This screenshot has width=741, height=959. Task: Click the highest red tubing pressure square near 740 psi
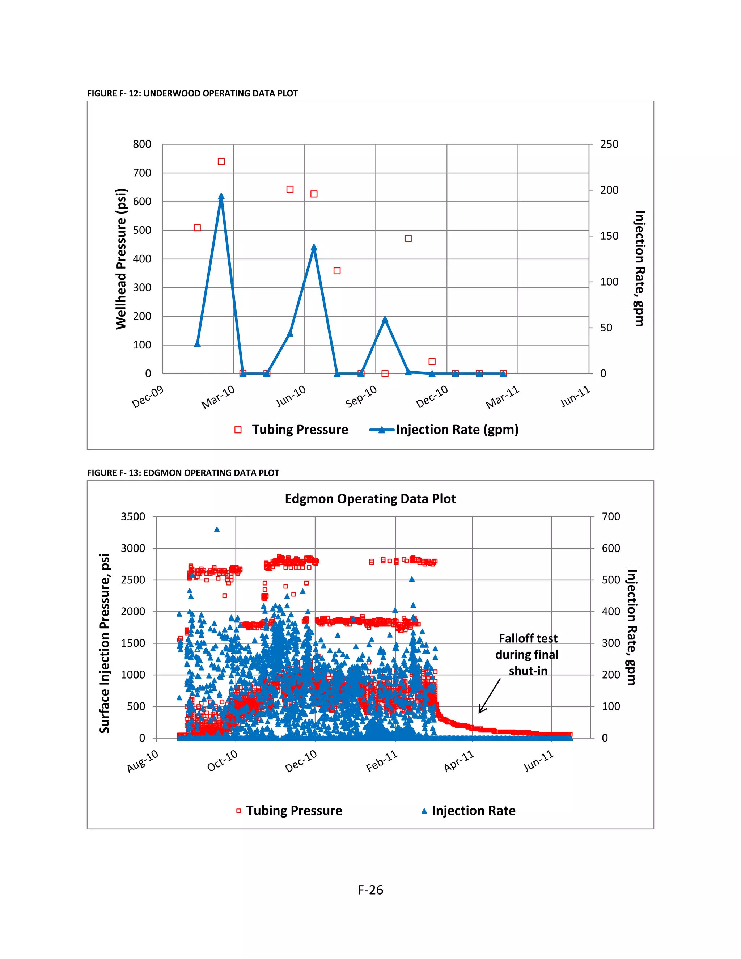[221, 162]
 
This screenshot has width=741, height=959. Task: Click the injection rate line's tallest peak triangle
[221, 196]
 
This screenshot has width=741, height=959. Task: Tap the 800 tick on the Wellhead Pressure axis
[142, 144]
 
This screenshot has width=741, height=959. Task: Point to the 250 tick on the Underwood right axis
[609, 144]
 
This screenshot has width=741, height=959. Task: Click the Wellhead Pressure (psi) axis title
[121, 259]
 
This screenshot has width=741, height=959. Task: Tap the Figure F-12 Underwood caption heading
[192, 93]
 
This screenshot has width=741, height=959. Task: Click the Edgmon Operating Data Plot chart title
[370, 499]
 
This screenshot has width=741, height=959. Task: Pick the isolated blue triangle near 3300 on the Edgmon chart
[217, 529]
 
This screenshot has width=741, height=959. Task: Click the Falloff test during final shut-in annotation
[527, 654]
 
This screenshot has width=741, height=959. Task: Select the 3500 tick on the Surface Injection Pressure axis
[133, 517]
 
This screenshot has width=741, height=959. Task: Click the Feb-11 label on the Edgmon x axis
[382, 761]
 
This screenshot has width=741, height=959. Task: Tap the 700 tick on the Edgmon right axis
[611, 517]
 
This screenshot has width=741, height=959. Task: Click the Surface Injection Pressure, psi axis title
[105, 644]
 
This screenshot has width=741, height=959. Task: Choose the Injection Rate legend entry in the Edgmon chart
[473, 811]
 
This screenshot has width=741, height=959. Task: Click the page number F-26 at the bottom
[370, 890]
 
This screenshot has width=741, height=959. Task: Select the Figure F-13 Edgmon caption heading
[183, 473]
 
